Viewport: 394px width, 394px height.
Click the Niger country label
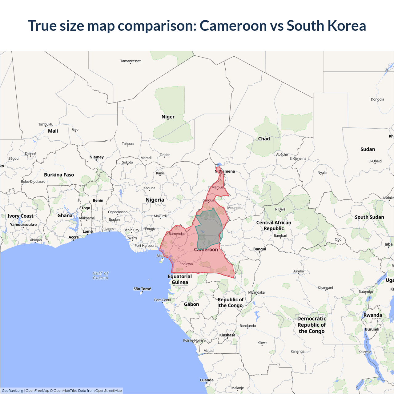(x=168, y=117)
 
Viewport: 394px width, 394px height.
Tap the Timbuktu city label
(x=46, y=124)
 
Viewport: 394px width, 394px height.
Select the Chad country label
(x=264, y=139)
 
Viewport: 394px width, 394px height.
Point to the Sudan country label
(x=368, y=149)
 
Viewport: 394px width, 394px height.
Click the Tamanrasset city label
(x=130, y=61)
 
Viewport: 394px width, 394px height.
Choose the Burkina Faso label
(x=59, y=175)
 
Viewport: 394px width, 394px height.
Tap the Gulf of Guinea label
(x=101, y=275)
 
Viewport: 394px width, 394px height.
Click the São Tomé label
(x=142, y=289)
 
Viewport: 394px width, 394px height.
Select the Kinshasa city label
(x=227, y=335)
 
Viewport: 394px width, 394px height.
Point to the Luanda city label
(x=207, y=380)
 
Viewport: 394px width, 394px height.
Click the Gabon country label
(x=191, y=304)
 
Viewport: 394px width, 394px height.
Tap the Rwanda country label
(x=372, y=315)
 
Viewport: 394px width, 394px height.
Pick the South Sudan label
(x=369, y=217)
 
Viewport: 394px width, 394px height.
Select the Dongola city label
(x=377, y=99)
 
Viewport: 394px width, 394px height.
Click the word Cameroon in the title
(x=233, y=26)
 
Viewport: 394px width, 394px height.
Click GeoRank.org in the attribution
(x=12, y=391)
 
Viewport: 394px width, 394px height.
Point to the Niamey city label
(x=96, y=157)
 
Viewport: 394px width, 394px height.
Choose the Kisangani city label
(x=325, y=288)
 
